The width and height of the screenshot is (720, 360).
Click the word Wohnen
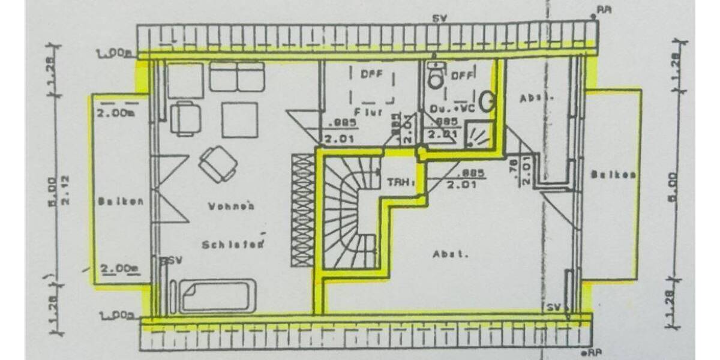231,206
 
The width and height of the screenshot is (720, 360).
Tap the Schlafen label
233,244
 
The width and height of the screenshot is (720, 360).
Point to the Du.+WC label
452,109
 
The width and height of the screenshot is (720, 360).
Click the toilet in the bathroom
436,76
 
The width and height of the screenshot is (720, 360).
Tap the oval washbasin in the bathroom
487,101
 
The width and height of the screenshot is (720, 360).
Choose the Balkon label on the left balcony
121,202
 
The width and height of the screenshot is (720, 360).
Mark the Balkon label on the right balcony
613,175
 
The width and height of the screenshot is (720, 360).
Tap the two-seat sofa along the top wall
237,77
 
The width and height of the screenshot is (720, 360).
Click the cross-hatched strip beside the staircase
301,210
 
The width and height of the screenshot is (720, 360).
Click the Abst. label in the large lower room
450,254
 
